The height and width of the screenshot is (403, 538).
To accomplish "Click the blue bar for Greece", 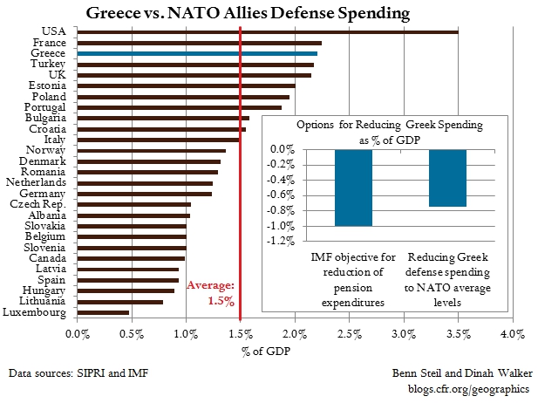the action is pos(197,53).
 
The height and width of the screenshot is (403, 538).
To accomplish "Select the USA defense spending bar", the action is pos(268,32).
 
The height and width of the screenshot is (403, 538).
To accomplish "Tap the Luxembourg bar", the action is pos(103,313).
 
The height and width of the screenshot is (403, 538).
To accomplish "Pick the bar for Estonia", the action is pos(187,85).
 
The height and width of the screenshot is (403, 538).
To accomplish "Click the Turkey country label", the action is pos(48,64).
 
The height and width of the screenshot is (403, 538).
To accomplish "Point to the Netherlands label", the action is pos(36,182).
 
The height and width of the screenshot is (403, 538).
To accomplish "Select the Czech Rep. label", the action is pos(37,204).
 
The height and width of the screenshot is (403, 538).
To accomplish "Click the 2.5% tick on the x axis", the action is pos(350,334).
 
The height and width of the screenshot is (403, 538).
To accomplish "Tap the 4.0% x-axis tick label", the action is pos(513,334).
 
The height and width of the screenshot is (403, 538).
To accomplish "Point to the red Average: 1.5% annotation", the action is pos(211,293).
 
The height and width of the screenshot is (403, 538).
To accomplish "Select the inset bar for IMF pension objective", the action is pos(353,188).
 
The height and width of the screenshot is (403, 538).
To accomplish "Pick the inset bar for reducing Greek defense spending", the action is pos(448,178).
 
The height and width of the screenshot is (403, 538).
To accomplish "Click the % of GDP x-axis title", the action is pos(266,352).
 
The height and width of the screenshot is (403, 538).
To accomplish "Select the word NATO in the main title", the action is pos(194,13).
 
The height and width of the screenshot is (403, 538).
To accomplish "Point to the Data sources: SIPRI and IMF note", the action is pos(78,373).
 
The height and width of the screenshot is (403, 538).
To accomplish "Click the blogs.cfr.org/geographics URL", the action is pos(469,389).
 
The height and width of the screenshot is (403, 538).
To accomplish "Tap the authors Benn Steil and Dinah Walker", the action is pos(462,373).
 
